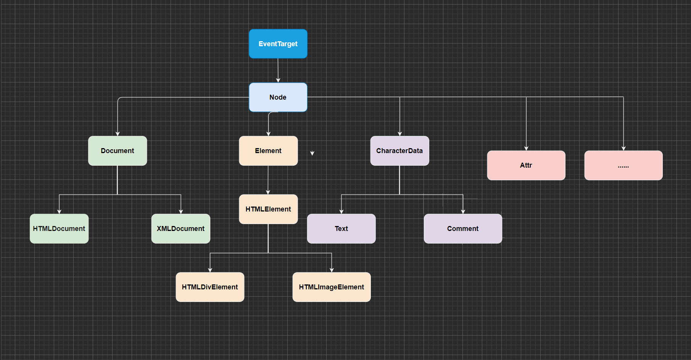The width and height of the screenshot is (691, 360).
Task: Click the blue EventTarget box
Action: coord(278,44)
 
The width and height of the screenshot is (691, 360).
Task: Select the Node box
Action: coord(278,97)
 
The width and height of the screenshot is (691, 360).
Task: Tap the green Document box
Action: coord(118,151)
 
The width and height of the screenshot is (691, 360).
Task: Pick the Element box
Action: coord(268,151)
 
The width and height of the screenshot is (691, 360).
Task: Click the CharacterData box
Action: coord(399,151)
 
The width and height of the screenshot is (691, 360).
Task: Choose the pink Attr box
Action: coord(526,165)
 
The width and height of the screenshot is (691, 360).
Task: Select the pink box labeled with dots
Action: coord(623,165)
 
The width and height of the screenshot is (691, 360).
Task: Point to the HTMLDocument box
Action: coord(59,229)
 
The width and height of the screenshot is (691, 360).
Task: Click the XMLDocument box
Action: coord(180,229)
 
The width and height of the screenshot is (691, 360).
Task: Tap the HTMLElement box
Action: coord(268,209)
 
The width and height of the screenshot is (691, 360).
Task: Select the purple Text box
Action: coord(341,229)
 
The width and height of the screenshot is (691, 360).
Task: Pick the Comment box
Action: coord(462,229)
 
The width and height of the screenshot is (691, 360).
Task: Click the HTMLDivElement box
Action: coord(210,287)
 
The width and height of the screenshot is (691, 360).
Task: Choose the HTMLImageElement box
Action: coord(331,287)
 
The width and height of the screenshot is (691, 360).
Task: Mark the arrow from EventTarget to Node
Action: coord(278,70)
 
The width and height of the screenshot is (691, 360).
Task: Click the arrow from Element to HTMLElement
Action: coord(268,180)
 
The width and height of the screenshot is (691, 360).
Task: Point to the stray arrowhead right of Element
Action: coord(312,153)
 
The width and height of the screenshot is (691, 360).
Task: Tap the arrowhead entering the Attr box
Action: coord(526,148)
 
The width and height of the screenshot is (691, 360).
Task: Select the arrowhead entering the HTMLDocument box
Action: coord(59,211)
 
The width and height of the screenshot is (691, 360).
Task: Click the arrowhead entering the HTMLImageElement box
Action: coord(332,270)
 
